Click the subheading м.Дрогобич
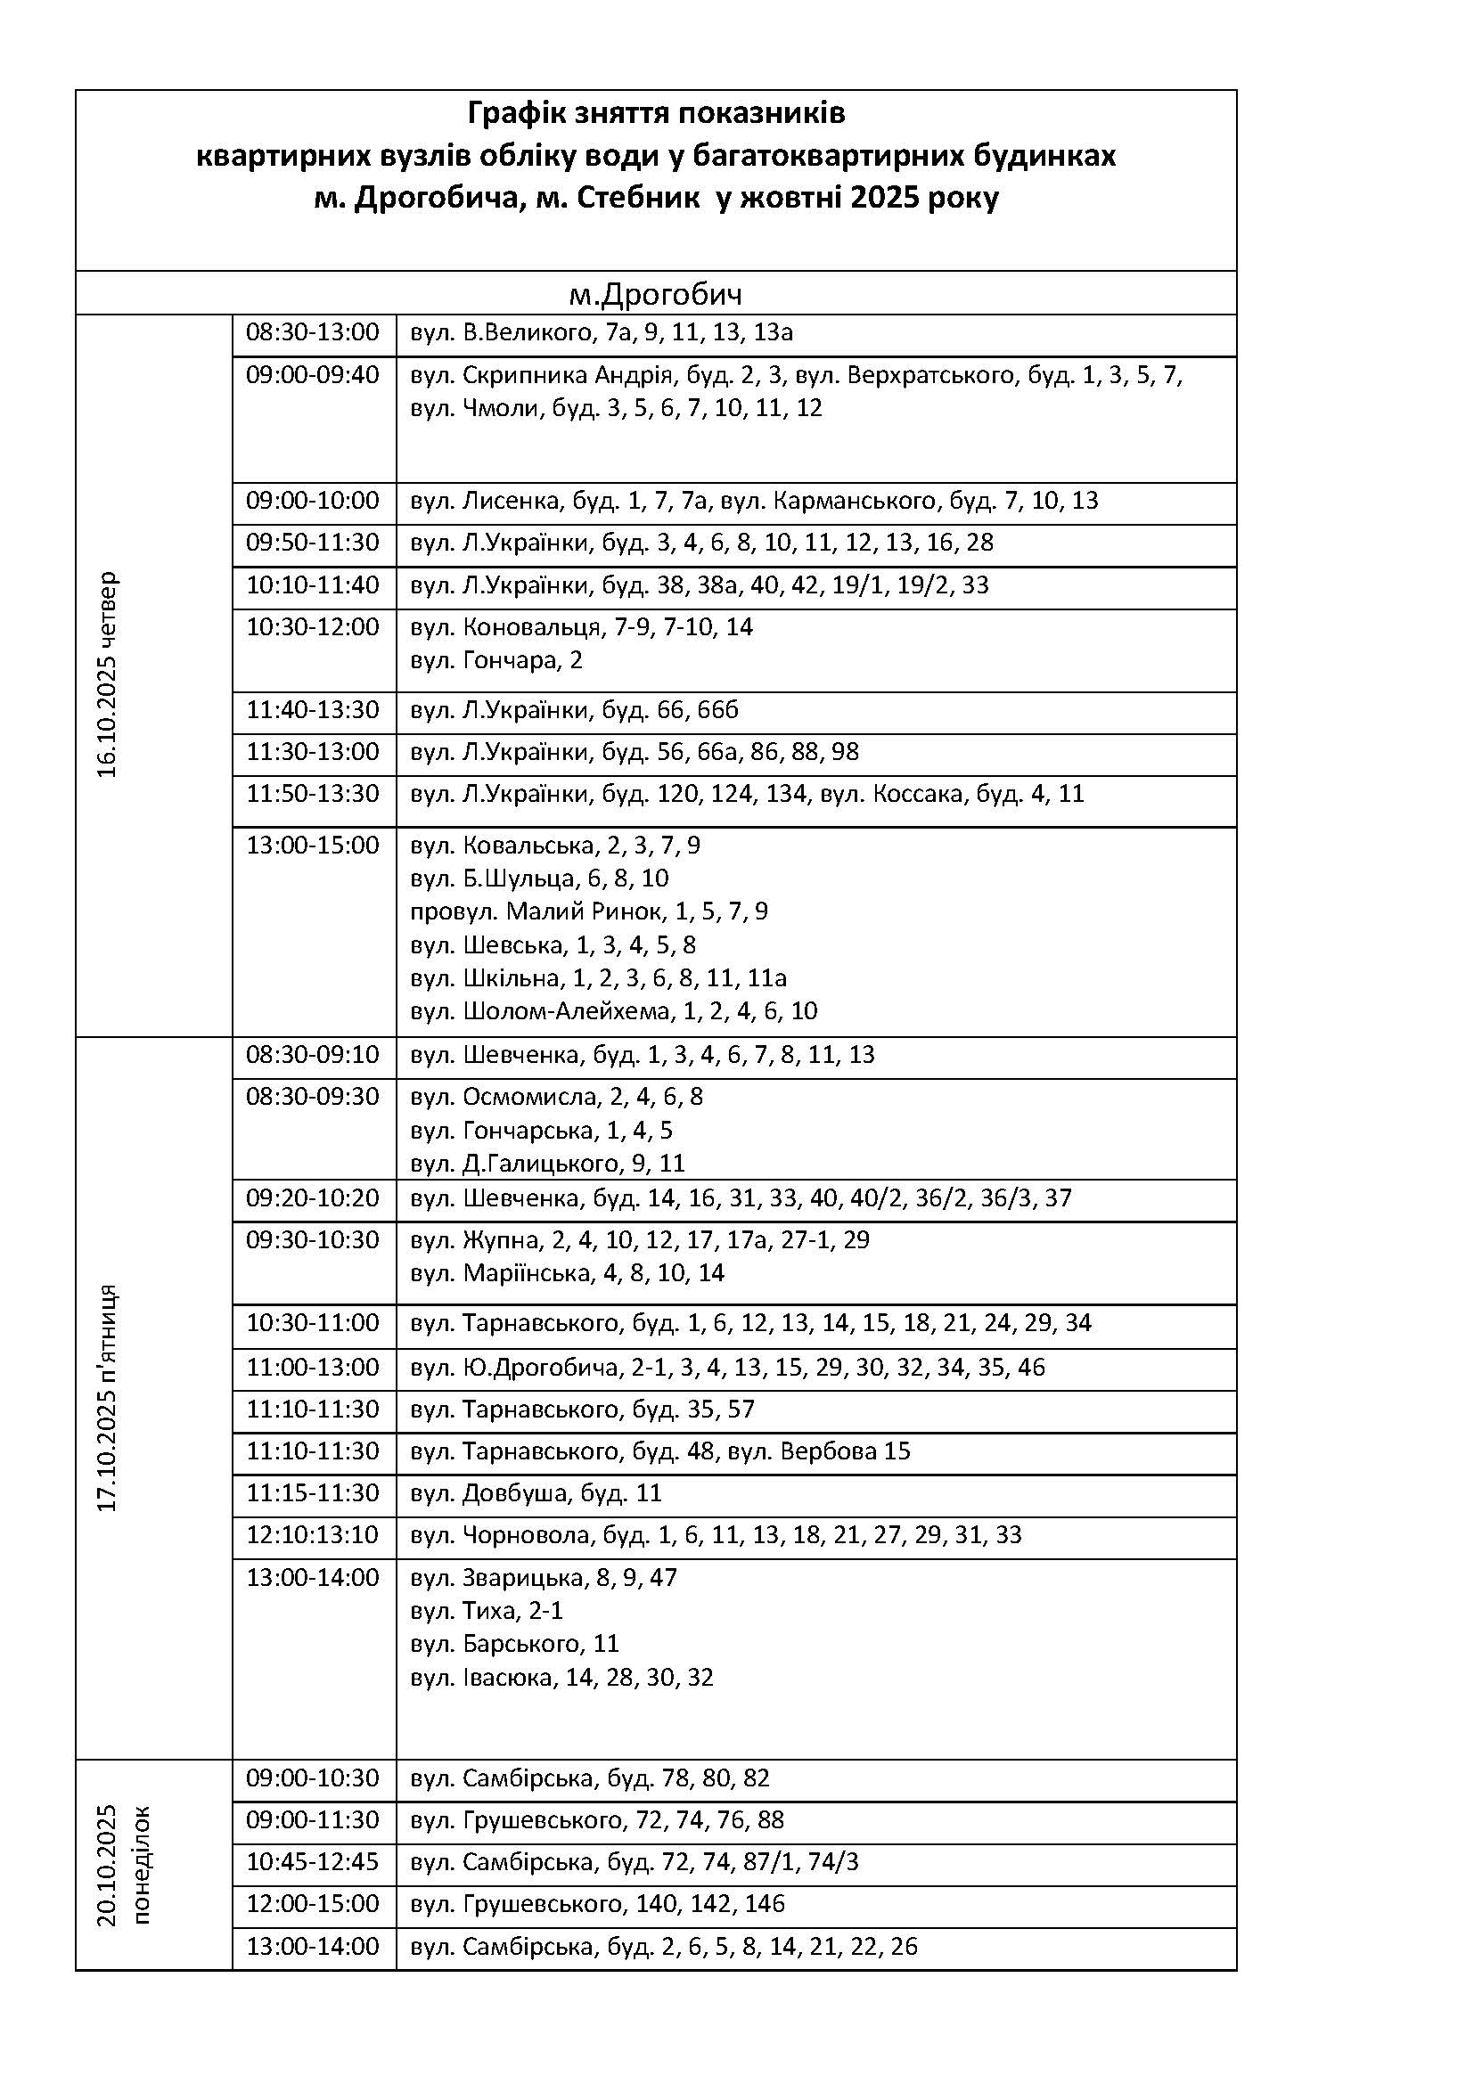(x=655, y=294)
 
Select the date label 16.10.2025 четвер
(x=108, y=674)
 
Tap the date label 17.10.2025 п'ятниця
(x=108, y=1397)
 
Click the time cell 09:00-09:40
(x=312, y=374)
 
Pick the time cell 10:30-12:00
(x=312, y=626)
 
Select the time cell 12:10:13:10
(x=312, y=1534)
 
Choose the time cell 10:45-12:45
(x=312, y=1861)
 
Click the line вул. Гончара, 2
(x=496, y=660)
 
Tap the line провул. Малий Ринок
(x=589, y=911)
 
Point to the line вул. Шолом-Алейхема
(x=613, y=1010)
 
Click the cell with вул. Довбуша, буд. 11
(x=536, y=1492)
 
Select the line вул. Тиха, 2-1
(x=487, y=1610)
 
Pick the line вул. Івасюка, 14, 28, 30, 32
(x=561, y=1677)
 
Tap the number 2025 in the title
(x=884, y=197)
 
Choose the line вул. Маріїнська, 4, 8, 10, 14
(x=568, y=1272)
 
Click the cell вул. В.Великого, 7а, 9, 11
(x=602, y=332)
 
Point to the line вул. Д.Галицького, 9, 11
(x=547, y=1163)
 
